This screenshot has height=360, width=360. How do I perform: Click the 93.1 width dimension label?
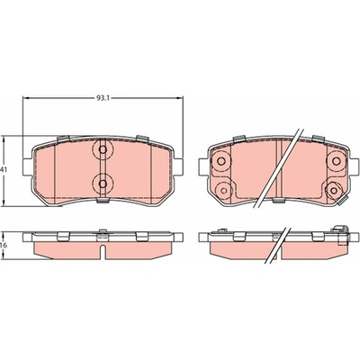tap(103, 98)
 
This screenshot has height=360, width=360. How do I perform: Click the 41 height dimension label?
tap(4, 170)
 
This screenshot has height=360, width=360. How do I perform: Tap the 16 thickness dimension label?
tap(4, 245)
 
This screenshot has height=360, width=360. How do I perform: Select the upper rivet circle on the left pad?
tap(103, 149)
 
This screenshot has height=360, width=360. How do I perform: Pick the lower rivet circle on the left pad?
tap(103, 184)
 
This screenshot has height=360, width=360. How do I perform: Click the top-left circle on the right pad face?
tap(221, 161)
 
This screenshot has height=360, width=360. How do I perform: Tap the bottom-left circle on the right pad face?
tap(224, 190)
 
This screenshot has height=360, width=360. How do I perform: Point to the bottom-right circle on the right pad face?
tap(333, 190)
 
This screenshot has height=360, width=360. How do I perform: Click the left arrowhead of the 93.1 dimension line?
tap(26, 98)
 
